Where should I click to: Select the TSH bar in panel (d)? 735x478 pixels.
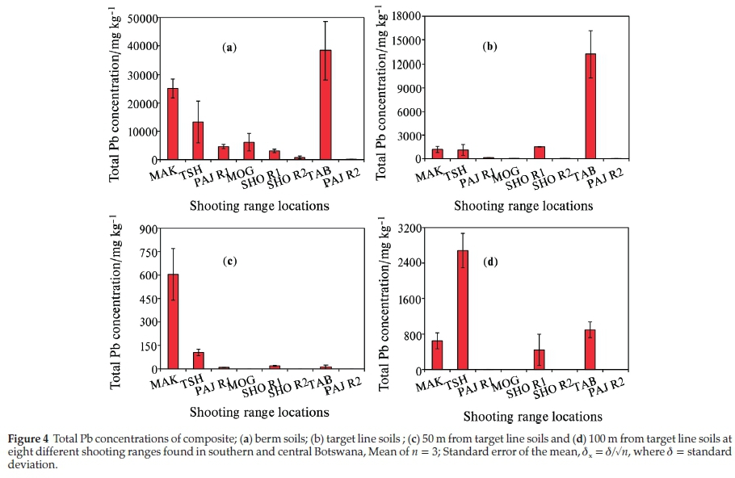pos(463,310)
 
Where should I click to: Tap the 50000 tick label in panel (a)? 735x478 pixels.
pos(142,19)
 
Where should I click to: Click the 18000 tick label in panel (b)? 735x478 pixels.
pos(408,16)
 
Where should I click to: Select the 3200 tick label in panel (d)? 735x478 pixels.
pos(411,228)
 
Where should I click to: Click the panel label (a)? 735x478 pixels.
pos(229,48)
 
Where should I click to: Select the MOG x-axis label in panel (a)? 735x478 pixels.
pos(240,171)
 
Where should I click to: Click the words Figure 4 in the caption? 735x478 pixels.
pos(31,438)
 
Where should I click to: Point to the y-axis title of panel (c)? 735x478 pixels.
pos(115,301)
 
